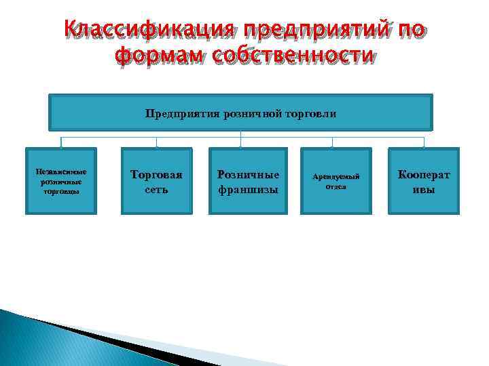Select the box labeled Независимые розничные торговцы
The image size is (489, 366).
61,182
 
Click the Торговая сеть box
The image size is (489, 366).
157,182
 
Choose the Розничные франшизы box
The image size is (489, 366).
248,182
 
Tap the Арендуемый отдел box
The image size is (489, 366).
336,181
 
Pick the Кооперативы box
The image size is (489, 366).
424,182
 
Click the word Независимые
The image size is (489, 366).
61,172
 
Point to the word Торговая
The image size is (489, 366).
157,175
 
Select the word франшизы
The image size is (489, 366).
248,190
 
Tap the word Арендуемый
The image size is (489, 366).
336,176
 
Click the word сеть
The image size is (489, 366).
157,190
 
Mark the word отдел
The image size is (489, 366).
336,186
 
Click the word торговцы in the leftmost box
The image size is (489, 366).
61,192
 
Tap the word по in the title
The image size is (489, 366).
412,30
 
